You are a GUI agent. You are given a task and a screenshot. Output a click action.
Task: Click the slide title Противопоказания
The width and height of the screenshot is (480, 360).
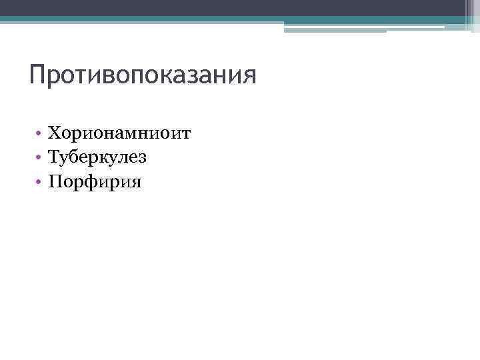tap(143, 74)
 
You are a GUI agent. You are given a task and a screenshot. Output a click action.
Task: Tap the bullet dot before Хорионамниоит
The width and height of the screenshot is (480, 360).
tap(41, 135)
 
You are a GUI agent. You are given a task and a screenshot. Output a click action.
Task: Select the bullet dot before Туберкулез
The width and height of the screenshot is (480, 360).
tap(41, 158)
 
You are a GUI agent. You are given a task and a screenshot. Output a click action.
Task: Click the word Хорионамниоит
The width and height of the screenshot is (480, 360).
tap(120, 134)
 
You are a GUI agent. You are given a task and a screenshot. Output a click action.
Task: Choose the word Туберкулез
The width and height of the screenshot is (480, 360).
tap(97, 157)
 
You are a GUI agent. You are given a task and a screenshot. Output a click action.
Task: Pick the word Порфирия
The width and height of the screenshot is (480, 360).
tap(95, 181)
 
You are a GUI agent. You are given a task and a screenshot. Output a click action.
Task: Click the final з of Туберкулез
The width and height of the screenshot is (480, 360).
tap(142, 159)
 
